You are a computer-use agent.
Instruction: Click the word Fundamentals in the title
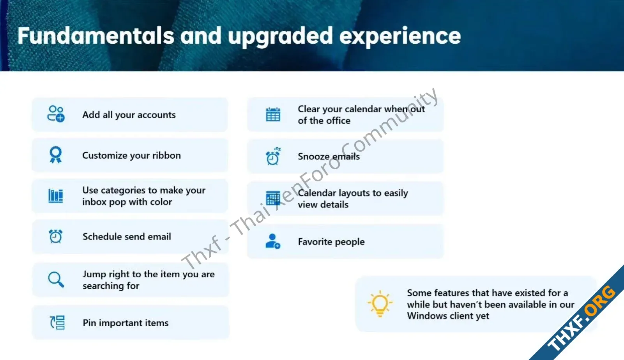[96, 36]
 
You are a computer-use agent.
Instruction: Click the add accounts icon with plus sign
[56, 114]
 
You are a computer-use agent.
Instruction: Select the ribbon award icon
[56, 154]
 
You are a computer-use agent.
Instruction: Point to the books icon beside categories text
[56, 196]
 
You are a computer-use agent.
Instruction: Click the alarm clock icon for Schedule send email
[55, 236]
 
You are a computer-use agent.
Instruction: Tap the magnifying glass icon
[56, 279]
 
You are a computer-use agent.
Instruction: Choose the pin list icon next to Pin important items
[57, 323]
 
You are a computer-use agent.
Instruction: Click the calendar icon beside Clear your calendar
[273, 114]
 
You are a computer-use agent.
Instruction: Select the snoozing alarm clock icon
[273, 156]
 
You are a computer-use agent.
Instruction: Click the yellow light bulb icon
[380, 304]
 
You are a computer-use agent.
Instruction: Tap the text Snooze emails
[329, 156]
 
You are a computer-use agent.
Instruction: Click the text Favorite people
[331, 241]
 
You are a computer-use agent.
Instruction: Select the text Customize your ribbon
[131, 155]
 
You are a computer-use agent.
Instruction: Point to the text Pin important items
[126, 323]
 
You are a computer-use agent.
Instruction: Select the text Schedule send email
[127, 236]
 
